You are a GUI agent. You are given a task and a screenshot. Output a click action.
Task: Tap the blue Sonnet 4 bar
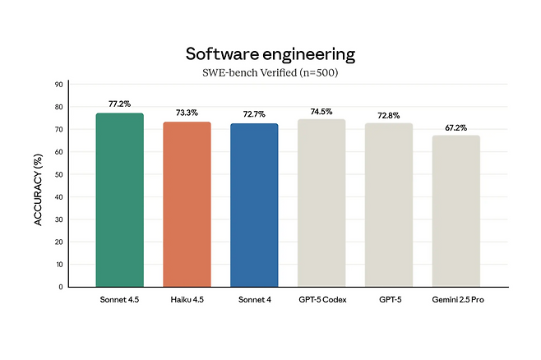[254, 205]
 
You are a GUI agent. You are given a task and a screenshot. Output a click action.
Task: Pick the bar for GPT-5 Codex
[321, 203]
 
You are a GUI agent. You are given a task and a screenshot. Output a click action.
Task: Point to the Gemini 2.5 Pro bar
[456, 211]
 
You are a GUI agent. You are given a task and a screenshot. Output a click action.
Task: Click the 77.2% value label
[120, 104]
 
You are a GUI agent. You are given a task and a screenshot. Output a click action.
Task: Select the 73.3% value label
[187, 113]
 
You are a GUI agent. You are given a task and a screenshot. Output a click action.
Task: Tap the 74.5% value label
[321, 111]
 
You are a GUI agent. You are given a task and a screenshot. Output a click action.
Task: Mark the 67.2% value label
[456, 127]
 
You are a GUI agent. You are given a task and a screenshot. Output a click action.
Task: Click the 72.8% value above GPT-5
[389, 115]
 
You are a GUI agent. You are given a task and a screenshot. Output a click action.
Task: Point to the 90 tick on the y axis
[58, 84]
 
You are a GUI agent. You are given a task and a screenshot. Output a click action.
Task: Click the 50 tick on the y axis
[58, 174]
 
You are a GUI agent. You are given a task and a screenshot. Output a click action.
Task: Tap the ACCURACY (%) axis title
[38, 186]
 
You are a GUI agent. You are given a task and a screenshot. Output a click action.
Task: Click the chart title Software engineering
[270, 54]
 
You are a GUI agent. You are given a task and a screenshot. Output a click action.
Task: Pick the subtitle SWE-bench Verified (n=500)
[270, 72]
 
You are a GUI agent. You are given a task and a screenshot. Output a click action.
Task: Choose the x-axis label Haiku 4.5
[187, 299]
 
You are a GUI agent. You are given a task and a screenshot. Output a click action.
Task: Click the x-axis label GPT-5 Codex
[321, 299]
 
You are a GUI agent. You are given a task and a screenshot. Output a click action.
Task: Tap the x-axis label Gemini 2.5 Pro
[456, 299]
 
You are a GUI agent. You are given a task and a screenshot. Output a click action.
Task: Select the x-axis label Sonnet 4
[254, 299]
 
